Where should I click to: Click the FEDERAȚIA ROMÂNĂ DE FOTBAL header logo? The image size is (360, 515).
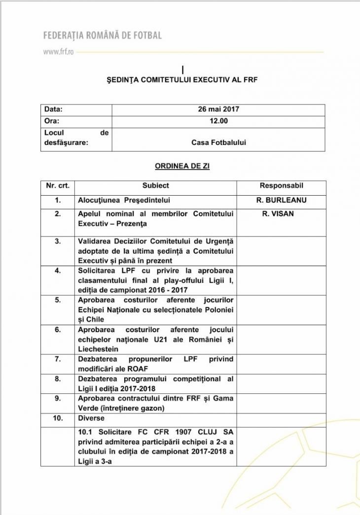click(x=103, y=35)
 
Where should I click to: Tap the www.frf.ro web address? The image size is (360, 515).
click(x=58, y=51)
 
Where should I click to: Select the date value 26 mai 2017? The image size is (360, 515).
click(x=218, y=109)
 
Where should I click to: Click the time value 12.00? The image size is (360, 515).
click(x=218, y=120)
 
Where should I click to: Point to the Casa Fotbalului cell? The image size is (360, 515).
click(x=218, y=142)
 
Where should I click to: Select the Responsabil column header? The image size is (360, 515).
click(x=281, y=186)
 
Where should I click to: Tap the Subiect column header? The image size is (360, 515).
click(x=156, y=186)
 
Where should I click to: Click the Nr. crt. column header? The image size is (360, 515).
click(x=58, y=186)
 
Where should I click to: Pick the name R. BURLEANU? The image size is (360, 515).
click(x=281, y=201)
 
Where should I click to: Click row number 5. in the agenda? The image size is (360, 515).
click(x=58, y=300)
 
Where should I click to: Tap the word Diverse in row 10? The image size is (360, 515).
click(x=91, y=418)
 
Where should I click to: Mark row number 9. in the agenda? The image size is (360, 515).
click(x=58, y=399)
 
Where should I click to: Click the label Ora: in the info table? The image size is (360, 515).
click(x=52, y=120)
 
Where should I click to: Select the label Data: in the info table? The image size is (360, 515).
click(x=53, y=109)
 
